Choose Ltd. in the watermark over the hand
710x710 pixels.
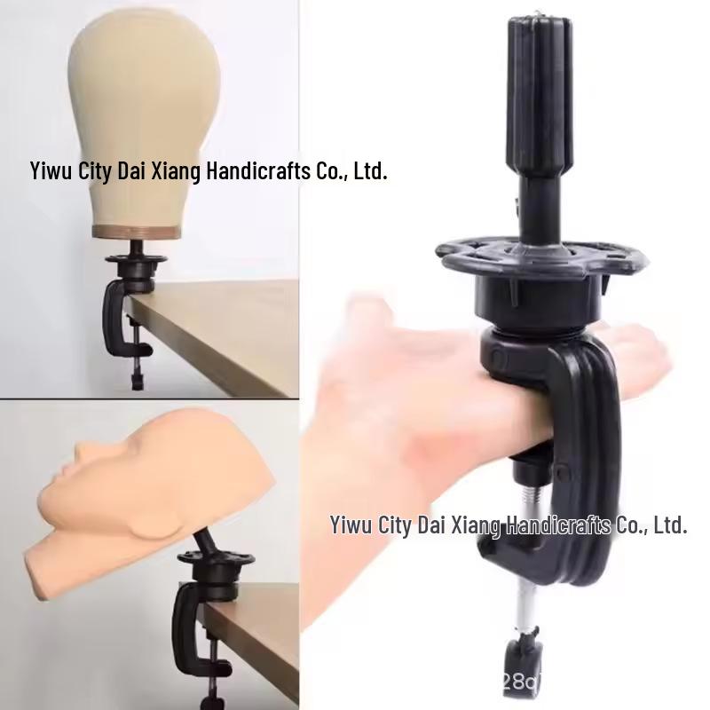[670, 525]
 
